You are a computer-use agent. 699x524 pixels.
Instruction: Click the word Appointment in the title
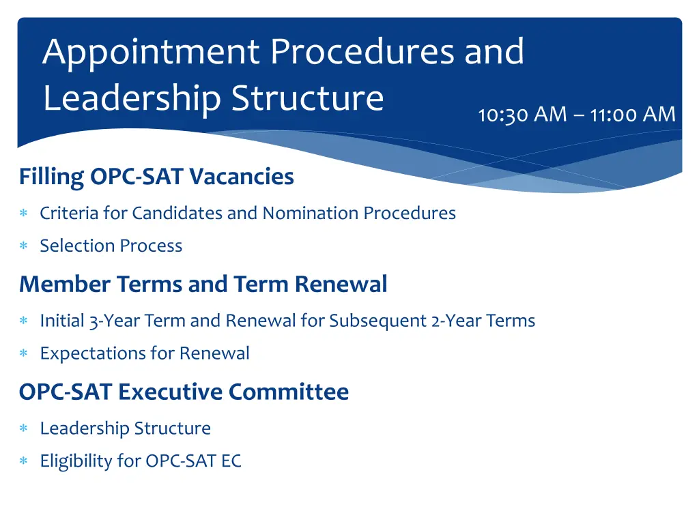coord(151,53)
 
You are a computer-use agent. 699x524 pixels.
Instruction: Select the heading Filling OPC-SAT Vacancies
coord(156,177)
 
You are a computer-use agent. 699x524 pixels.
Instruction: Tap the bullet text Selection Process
coord(111,246)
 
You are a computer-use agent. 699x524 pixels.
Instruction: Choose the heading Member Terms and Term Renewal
coord(203,284)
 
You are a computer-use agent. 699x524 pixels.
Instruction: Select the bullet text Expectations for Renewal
coord(144,353)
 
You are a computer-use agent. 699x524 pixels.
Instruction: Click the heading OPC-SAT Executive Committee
coord(184,392)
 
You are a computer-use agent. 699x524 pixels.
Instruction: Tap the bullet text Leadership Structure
coord(125,428)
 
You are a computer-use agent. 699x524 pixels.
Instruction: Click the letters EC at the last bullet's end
coord(231,461)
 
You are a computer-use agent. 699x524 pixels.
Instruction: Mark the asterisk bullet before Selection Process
coord(23,246)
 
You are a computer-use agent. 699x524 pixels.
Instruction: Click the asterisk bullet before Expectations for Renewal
coord(23,354)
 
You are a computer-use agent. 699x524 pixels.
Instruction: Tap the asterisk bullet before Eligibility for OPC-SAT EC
coord(23,462)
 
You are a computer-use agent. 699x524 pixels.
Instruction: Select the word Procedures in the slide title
coord(362,53)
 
